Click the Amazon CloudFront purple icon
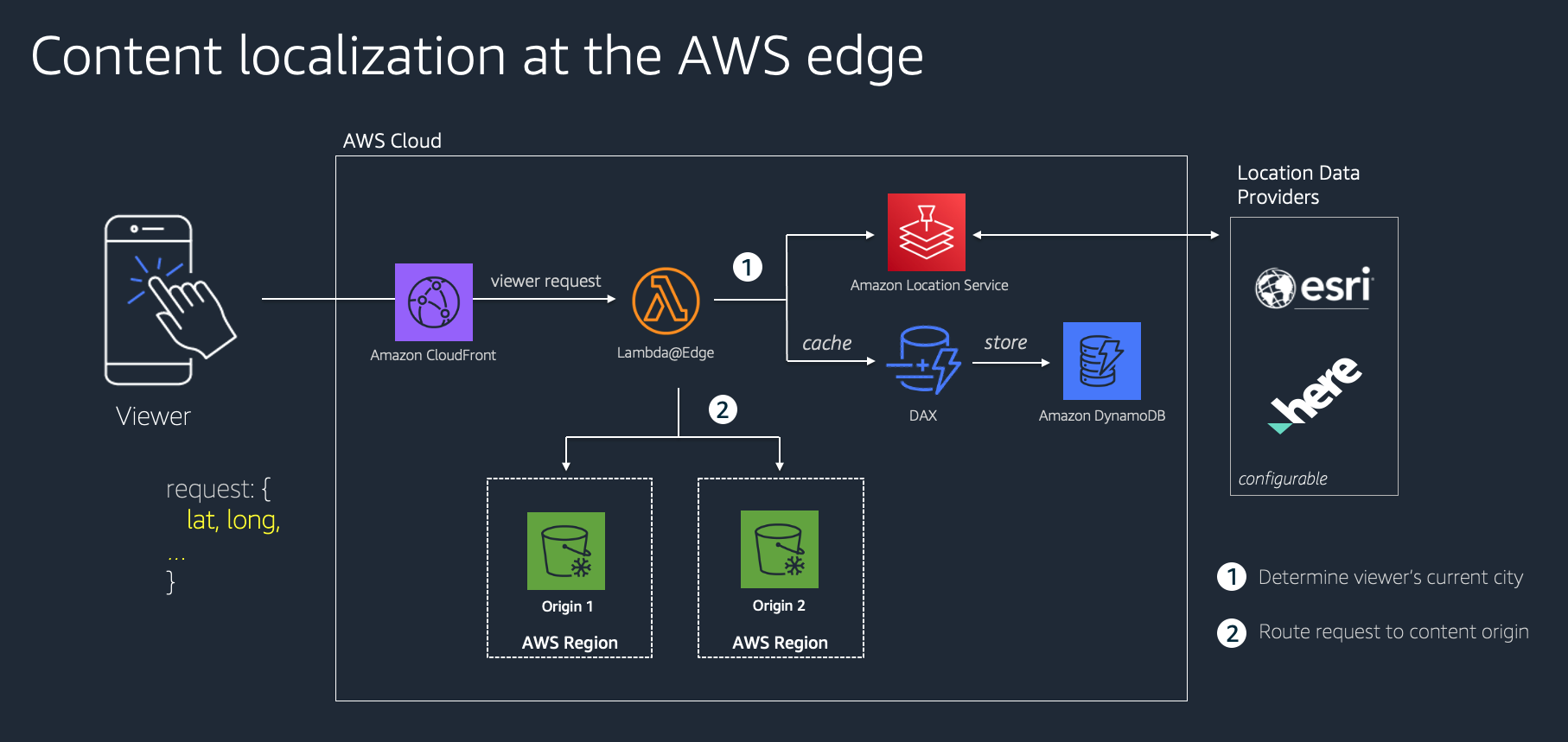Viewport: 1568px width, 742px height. [x=433, y=301]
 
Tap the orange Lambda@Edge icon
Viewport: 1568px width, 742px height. [x=665, y=301]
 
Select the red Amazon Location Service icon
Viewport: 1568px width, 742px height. [x=926, y=231]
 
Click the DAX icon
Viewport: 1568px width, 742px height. [x=923, y=360]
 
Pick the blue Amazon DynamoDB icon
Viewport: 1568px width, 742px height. [x=1101, y=360]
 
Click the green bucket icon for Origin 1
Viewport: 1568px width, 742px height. [x=565, y=550]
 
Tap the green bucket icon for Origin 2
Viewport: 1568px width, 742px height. [x=779, y=549]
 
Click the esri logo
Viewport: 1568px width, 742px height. [x=1314, y=287]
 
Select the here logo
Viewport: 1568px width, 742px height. [x=1314, y=393]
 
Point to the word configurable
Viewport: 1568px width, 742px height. [x=1282, y=479]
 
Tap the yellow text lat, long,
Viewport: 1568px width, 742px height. [x=233, y=520]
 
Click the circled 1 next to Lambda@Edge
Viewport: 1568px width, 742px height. [x=747, y=267]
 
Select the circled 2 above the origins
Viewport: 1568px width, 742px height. [x=723, y=409]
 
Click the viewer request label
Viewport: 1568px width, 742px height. [x=545, y=281]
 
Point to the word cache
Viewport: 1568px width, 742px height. [x=826, y=343]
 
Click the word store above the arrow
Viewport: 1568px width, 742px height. [x=1005, y=342]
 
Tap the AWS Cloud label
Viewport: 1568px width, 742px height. [x=392, y=141]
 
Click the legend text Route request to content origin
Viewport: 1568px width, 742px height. [x=1393, y=631]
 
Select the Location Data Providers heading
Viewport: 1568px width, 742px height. [x=1297, y=185]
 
